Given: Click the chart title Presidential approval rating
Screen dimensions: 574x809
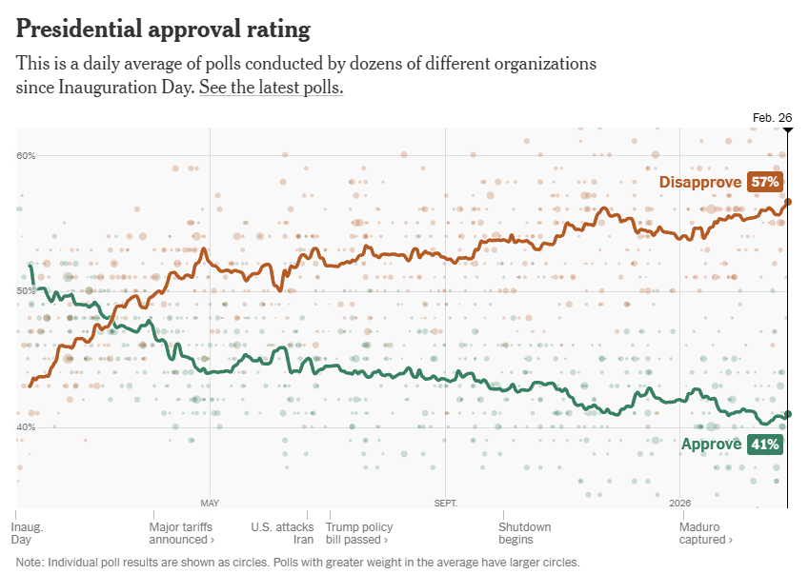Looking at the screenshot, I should point(163,30).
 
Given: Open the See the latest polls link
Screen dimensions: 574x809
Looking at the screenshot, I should point(271,88).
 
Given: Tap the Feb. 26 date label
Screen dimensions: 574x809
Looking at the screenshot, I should point(772,118).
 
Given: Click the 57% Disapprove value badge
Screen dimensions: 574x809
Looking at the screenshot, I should point(764,182).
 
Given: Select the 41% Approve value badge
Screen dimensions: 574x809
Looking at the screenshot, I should point(764,444).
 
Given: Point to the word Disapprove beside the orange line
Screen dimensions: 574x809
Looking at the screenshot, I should point(700,182).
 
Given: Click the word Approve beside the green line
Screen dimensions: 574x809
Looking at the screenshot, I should point(712,444).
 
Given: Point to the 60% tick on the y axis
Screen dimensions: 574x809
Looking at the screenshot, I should point(26,155).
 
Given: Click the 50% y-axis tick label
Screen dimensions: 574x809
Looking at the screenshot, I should point(26,290).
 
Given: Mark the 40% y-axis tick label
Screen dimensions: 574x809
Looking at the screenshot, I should point(26,426).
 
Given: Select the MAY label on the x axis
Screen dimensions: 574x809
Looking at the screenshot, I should point(210,503).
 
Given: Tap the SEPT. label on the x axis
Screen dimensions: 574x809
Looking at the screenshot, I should point(445,503).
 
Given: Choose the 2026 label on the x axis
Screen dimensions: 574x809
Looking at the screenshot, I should point(679,503).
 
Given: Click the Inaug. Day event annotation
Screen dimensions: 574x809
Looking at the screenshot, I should point(28,533).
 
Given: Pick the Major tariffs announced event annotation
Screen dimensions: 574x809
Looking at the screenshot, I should point(181,533).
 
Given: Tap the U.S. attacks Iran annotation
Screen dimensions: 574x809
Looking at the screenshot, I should point(282,533).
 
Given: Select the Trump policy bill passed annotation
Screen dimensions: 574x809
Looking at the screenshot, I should point(359,533).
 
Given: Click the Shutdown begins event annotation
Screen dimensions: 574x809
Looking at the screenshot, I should point(524,533).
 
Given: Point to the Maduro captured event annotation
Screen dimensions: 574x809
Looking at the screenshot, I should point(706,533).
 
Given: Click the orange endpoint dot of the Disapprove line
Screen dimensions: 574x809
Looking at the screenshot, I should point(788,202).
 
